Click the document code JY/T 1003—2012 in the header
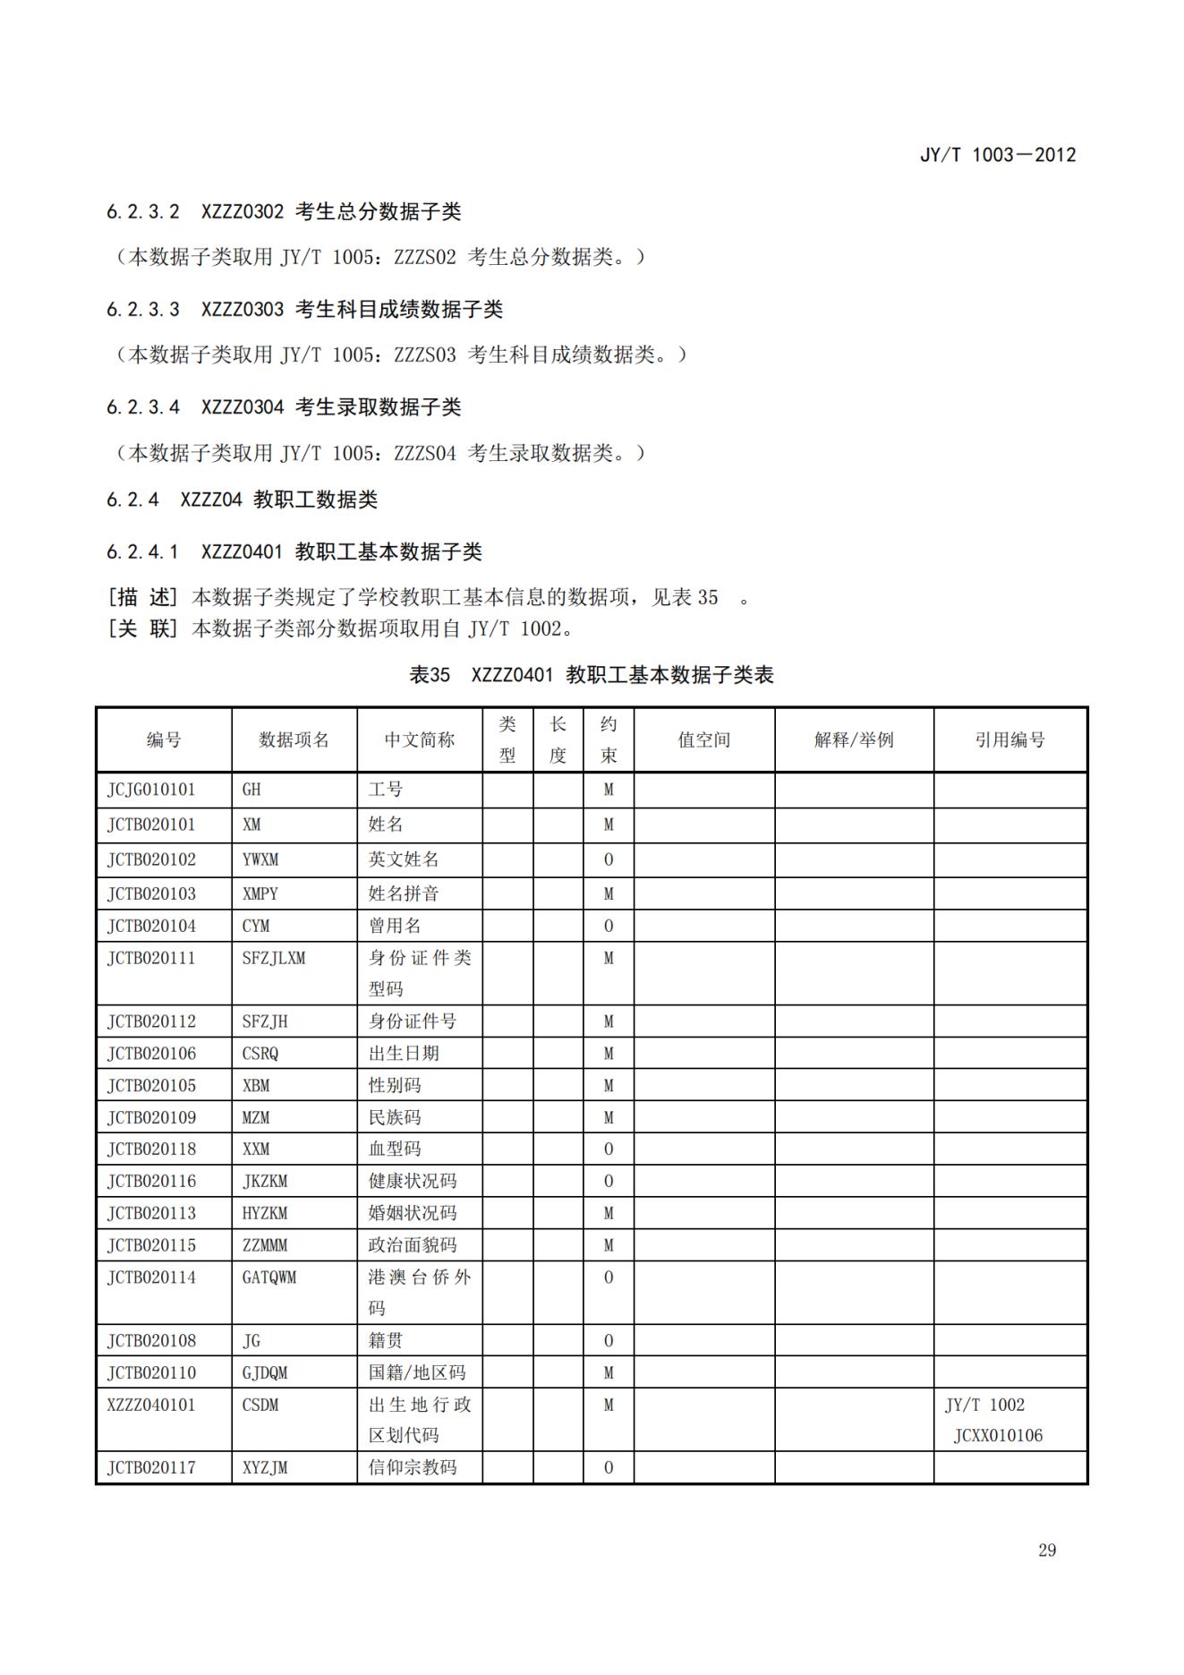[x=997, y=155]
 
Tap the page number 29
[x=1046, y=1550]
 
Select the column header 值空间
[x=703, y=739]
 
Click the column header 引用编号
[x=1009, y=739]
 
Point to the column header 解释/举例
[x=853, y=739]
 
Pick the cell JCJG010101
[x=151, y=790]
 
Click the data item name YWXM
[x=260, y=859]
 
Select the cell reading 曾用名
[x=394, y=926]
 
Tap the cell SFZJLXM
[x=274, y=958]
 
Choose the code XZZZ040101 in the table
[x=151, y=1404]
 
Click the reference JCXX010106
[x=998, y=1435]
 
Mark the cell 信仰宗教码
[x=412, y=1467]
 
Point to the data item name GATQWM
[x=268, y=1277]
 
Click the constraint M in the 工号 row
[x=609, y=790]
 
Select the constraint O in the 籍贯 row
[x=609, y=1340]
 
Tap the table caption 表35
[x=430, y=675]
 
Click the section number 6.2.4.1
[x=142, y=551]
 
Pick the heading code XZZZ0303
[x=242, y=310]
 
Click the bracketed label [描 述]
[x=142, y=597]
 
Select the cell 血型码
[x=394, y=1149]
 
